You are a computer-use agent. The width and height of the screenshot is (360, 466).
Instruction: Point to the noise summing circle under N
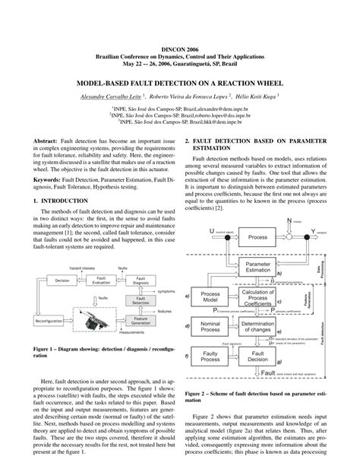pyautogui.click(x=289, y=238)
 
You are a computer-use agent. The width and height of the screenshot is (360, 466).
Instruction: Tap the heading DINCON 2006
pyautogui.click(x=179, y=47)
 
